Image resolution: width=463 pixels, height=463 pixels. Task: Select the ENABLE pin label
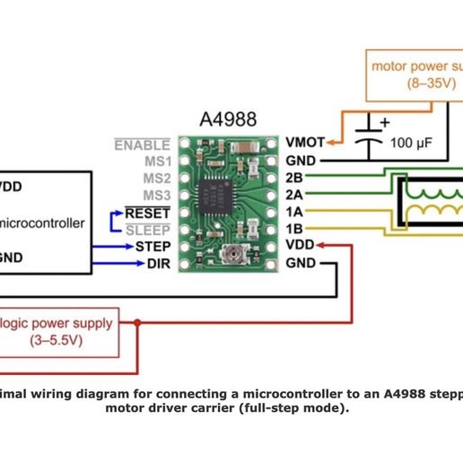click(142, 143)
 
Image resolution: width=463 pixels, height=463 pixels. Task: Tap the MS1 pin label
click(154, 160)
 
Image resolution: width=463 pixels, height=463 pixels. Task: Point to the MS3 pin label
click(154, 195)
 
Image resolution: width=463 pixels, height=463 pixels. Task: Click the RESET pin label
click(146, 212)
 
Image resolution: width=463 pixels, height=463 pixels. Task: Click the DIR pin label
click(157, 264)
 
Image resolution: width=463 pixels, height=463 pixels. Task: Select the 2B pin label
click(293, 177)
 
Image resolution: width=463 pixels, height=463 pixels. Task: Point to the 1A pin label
click(293, 212)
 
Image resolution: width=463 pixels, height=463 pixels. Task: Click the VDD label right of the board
click(300, 246)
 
